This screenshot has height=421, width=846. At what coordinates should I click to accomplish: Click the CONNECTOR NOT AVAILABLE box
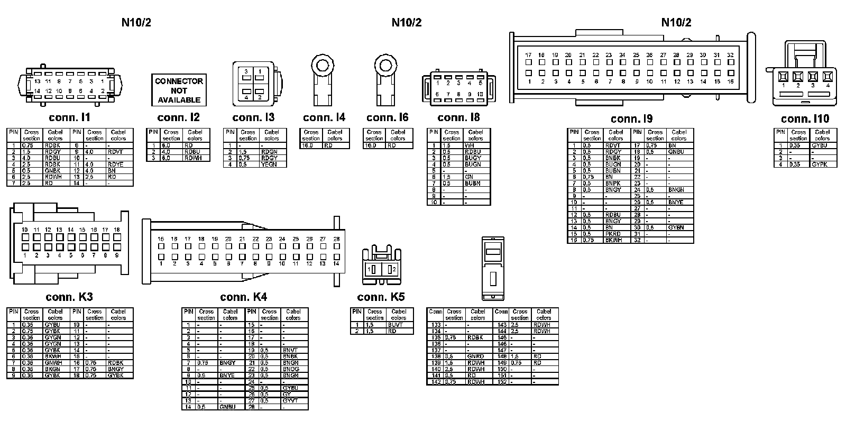coord(179,90)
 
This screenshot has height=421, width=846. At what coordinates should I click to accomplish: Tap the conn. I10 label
coord(805,118)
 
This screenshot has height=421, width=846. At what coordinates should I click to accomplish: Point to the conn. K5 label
coord(381,297)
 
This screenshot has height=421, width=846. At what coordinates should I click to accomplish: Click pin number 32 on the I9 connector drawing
coord(730,55)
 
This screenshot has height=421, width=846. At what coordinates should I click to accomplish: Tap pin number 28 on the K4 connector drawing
coord(336,239)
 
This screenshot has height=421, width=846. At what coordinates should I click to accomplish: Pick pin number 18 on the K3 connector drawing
coord(117,230)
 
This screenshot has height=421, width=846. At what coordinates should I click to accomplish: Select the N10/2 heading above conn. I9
coord(676,22)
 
